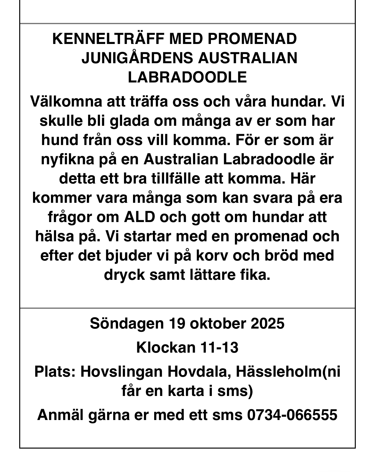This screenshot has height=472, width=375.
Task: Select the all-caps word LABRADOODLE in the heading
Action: click(x=188, y=77)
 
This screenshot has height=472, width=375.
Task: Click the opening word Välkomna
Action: click(x=65, y=101)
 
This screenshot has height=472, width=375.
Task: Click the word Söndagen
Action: click(x=126, y=323)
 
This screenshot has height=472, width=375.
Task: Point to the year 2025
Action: click(x=268, y=323)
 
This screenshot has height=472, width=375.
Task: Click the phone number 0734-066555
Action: click(x=292, y=415)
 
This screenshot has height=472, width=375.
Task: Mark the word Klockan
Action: click(x=166, y=347)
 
